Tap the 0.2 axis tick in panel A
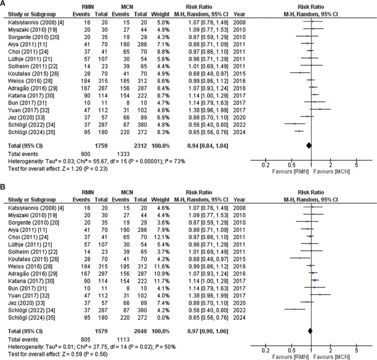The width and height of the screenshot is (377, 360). coord(265,165)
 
